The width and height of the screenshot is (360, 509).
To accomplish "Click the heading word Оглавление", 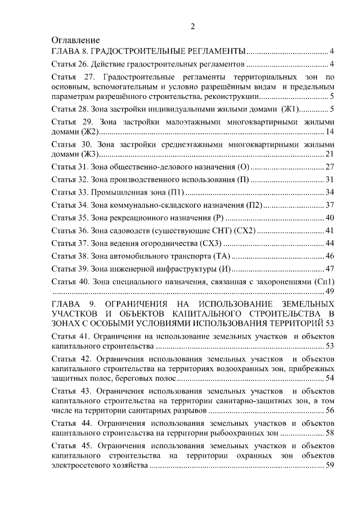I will (x=75, y=40).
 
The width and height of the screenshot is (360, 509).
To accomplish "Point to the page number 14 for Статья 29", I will (x=330, y=132).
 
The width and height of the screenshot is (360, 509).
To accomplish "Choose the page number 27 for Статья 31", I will (x=330, y=167).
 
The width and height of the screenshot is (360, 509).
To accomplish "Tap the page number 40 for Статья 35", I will (x=330, y=218).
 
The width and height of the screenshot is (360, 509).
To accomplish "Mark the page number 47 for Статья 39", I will (x=330, y=268).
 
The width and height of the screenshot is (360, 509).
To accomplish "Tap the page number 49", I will (x=330, y=291).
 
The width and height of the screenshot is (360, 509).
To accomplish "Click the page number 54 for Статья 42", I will (x=330, y=378).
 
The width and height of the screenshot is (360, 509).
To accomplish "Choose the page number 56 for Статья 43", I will (x=330, y=411).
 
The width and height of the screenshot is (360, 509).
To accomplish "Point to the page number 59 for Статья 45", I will (x=330, y=466).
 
